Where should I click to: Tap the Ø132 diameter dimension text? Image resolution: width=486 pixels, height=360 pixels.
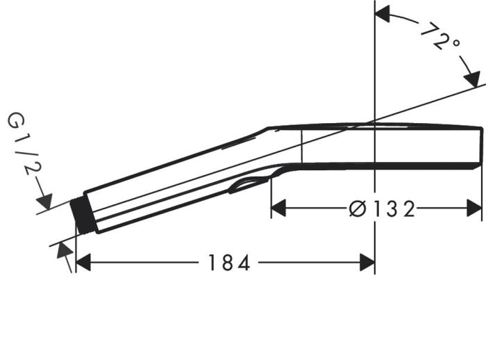point(381,208)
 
